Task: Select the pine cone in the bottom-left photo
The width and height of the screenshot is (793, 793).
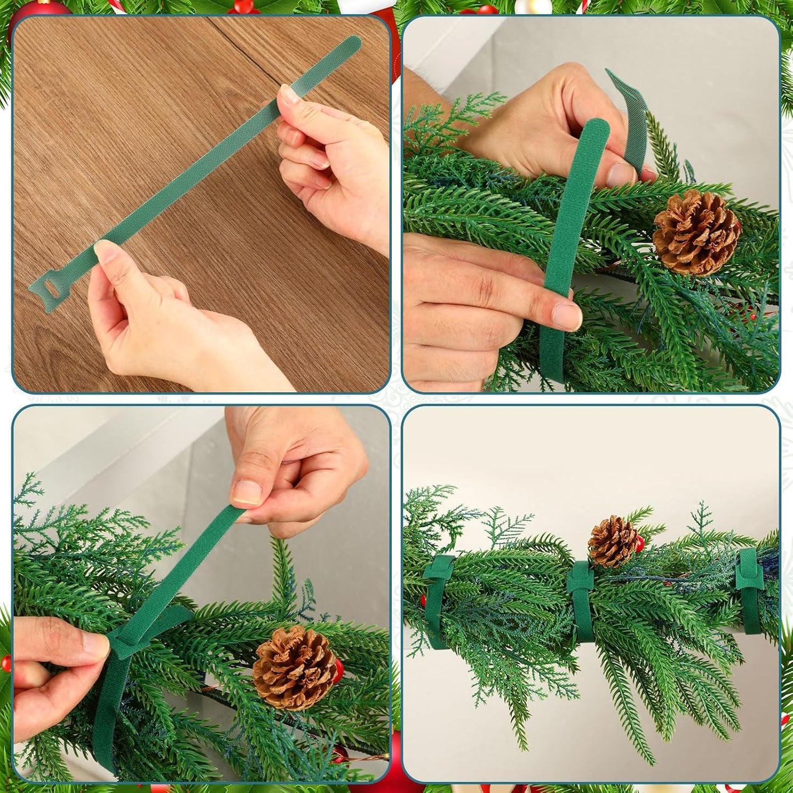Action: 295,668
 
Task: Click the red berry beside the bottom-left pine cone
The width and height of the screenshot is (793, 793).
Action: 338,668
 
